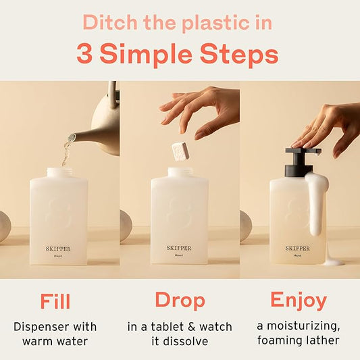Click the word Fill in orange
coord(55,301)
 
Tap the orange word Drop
coord(180,301)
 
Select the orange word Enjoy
coord(299,301)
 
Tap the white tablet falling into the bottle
coord(181,151)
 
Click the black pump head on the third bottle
coord(302,161)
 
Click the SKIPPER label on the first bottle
coord(58,249)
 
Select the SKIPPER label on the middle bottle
coord(179,248)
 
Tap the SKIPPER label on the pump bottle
coord(297,248)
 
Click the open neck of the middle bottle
coord(180,172)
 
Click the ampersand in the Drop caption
coord(185,327)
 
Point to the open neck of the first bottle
coord(59,173)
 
